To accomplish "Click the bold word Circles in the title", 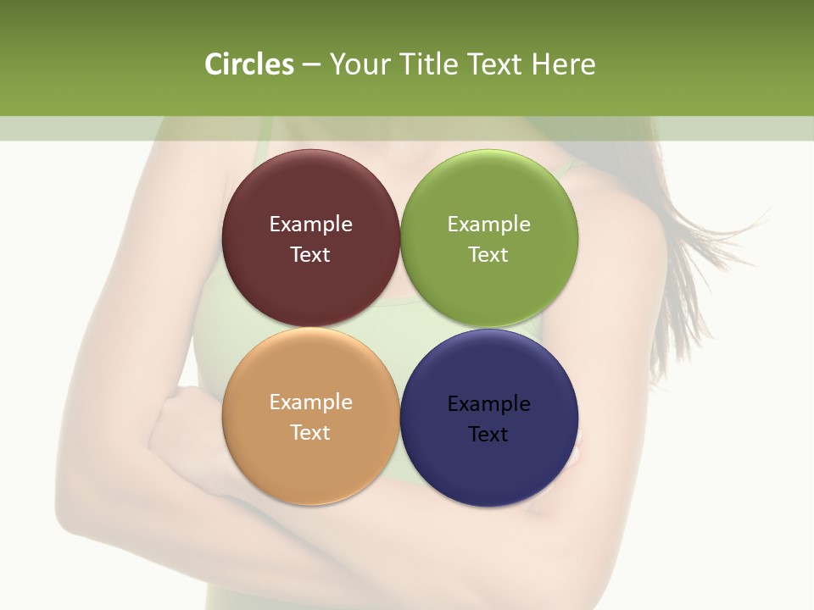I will (x=249, y=64).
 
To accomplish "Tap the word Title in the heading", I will (x=427, y=64).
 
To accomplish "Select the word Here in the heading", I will (x=563, y=64).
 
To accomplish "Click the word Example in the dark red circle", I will (x=310, y=225).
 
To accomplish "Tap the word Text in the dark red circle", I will (x=310, y=255).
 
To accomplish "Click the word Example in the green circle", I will (x=489, y=225).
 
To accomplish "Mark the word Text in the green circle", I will (x=488, y=255).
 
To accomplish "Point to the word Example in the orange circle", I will (x=310, y=402).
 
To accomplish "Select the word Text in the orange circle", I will (x=310, y=433).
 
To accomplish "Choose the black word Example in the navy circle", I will (x=489, y=404).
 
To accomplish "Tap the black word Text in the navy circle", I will (x=488, y=435).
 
